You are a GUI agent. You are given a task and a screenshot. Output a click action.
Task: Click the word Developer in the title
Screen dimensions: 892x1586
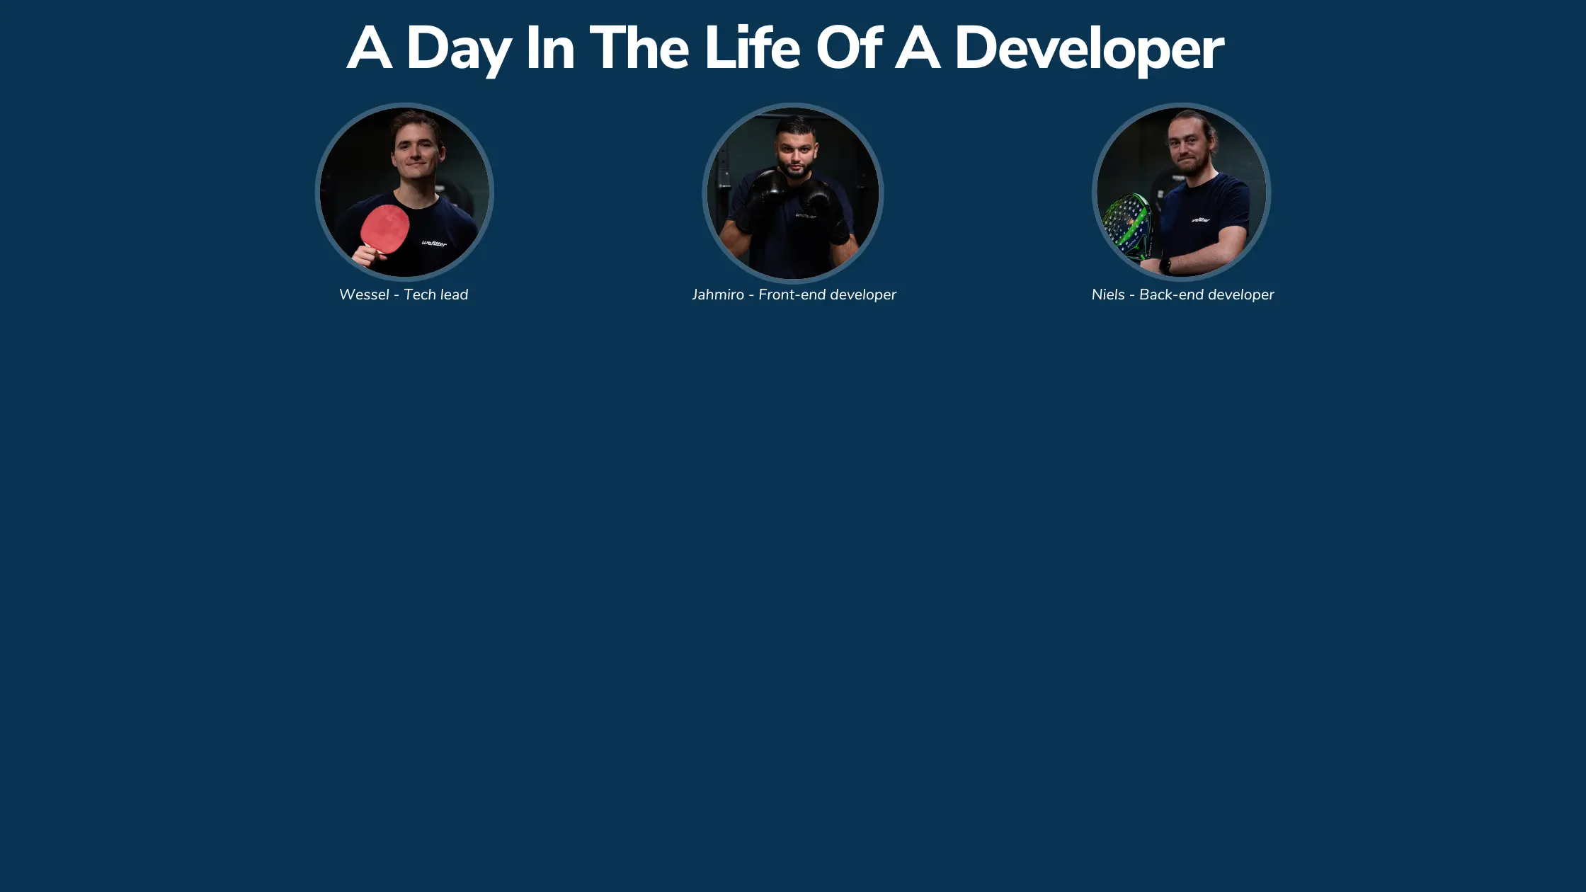click(1089, 50)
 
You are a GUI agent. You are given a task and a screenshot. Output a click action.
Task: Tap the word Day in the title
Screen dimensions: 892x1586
click(458, 50)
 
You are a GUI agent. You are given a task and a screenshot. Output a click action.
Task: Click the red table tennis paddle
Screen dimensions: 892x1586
click(384, 229)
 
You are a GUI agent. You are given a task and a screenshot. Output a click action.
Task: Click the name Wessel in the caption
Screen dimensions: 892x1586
click(364, 295)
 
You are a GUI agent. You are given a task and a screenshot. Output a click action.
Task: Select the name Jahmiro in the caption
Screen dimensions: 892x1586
click(717, 295)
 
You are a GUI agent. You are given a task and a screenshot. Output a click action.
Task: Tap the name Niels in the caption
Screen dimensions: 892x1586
click(1107, 295)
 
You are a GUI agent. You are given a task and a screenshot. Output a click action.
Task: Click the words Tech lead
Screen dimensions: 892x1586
click(435, 295)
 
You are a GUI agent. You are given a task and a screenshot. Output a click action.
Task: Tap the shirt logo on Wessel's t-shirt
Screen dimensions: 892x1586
click(434, 244)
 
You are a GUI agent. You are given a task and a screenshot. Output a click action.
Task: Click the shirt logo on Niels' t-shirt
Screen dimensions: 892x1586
click(1200, 220)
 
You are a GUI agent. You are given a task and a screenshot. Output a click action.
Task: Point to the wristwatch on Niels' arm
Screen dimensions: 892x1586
click(1165, 266)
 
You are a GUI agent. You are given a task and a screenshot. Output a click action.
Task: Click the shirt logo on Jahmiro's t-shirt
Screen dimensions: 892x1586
click(806, 215)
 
